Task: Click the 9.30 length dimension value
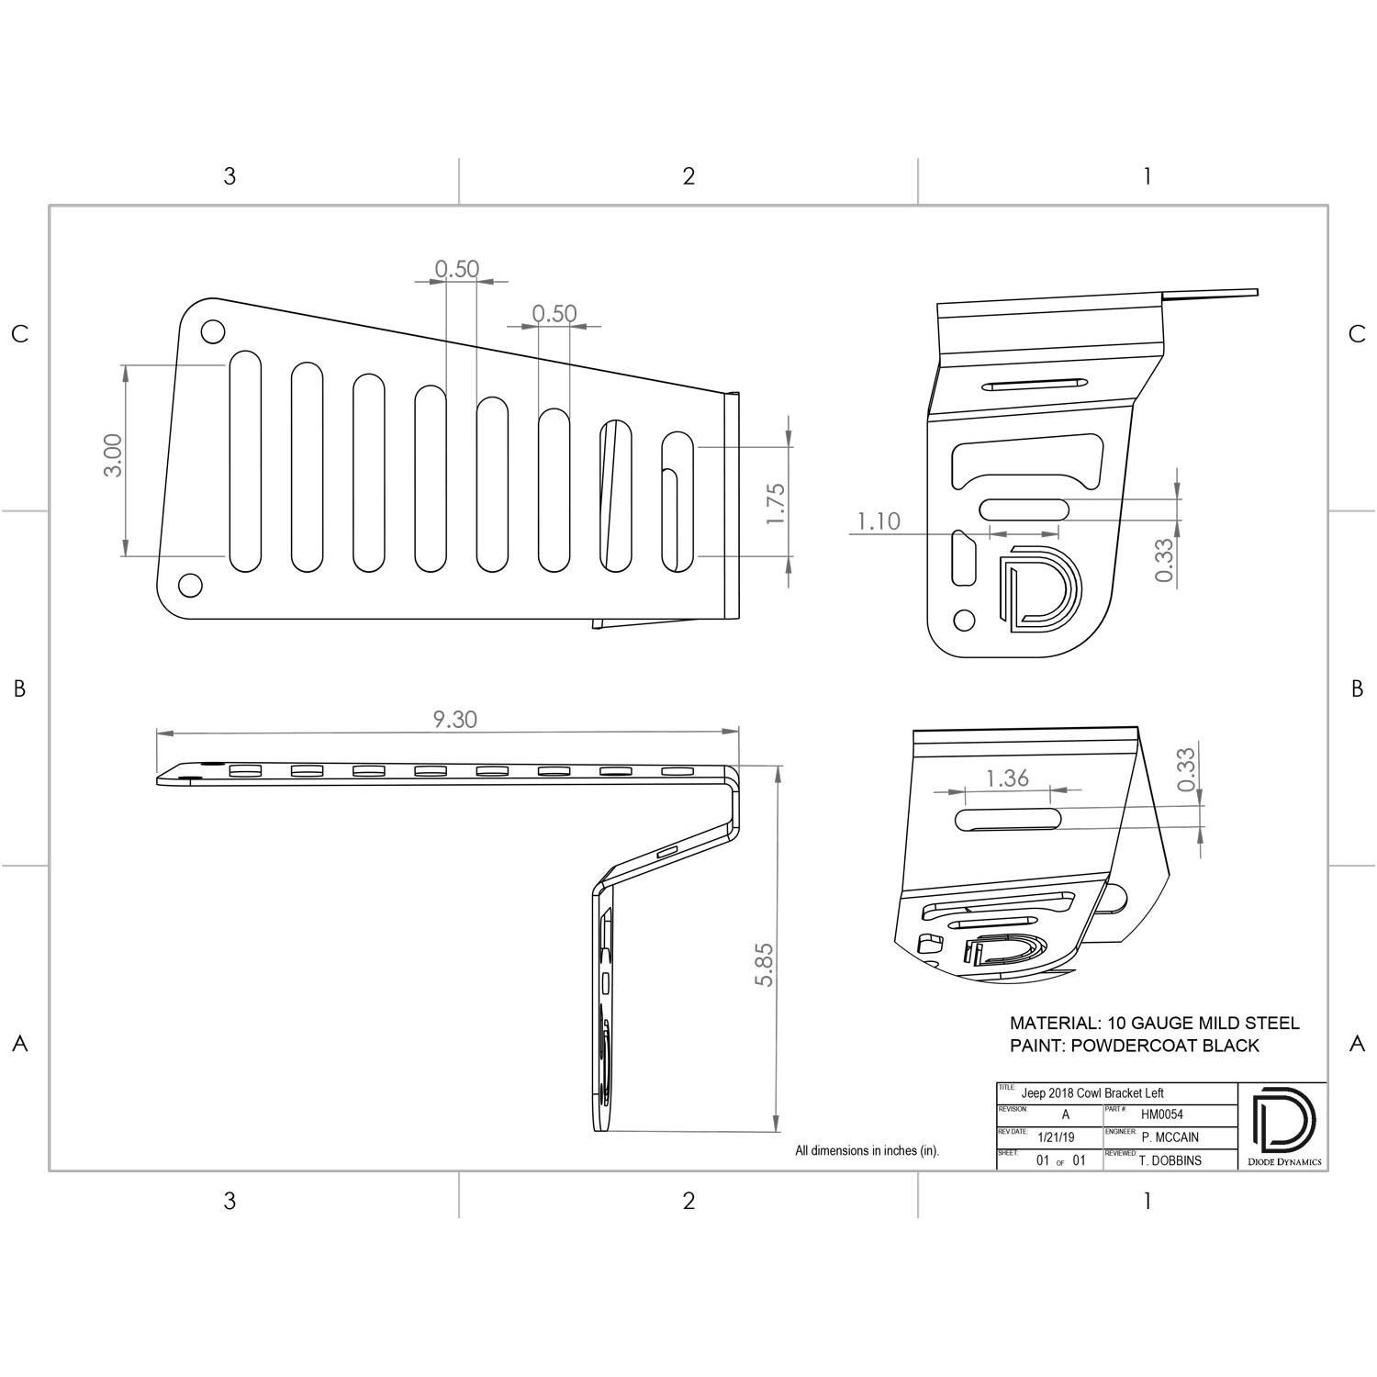454,720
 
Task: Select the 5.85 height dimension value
765,965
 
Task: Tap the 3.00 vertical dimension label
112,455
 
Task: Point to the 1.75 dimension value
776,503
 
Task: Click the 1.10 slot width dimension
879,521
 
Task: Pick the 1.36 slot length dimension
1007,778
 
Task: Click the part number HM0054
1161,1114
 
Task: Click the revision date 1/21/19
1055,1137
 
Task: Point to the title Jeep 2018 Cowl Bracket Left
1092,1093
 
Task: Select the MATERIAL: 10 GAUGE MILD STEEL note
1154,1023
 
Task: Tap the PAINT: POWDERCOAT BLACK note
1134,1046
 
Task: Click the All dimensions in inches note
867,1150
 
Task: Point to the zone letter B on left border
19,688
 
